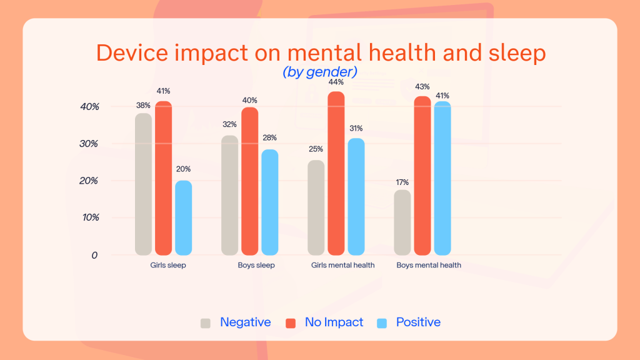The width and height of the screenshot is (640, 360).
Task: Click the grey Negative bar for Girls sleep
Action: (x=143, y=184)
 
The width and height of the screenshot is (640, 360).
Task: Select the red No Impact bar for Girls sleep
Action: (x=163, y=178)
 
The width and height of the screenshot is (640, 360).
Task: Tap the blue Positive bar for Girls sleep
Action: (x=183, y=218)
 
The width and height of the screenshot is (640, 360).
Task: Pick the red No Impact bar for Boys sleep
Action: (x=249, y=181)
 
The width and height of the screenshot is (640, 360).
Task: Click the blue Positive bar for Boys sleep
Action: (x=269, y=202)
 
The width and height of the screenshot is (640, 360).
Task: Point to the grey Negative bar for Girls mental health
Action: (x=316, y=207)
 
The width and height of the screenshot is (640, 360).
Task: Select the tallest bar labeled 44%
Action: (x=336, y=173)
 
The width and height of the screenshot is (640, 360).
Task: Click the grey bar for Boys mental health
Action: (x=402, y=222)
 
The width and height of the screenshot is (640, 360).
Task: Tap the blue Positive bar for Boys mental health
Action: (x=442, y=178)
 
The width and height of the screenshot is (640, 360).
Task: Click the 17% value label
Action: (x=402, y=182)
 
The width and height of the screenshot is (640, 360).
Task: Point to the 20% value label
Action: (x=183, y=169)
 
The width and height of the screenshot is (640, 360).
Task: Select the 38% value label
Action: (x=143, y=105)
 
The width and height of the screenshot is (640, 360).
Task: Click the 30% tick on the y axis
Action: (x=89, y=144)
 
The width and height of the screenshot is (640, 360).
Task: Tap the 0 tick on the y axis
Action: (x=94, y=255)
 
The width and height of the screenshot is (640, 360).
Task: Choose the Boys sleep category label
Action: (x=256, y=265)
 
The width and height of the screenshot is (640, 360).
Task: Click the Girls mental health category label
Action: (x=342, y=265)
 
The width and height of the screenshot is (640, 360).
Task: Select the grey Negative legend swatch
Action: (x=206, y=323)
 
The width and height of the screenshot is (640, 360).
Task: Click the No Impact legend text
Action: (x=334, y=322)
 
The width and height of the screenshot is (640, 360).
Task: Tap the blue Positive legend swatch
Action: (x=382, y=323)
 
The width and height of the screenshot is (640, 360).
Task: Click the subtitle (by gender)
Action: (x=320, y=72)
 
